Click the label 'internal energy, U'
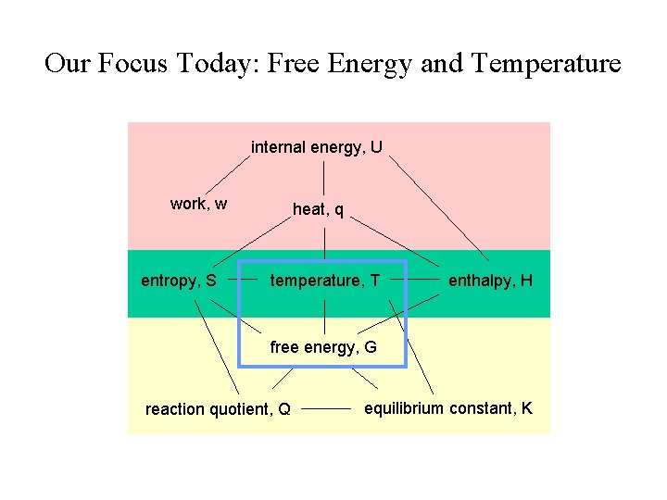(x=317, y=147)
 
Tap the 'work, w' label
(x=199, y=204)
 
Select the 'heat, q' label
(x=318, y=210)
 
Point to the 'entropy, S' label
(x=179, y=280)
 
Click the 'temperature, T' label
(x=324, y=280)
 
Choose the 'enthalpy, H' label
(x=490, y=280)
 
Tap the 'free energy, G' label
(x=323, y=347)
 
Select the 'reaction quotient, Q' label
(x=218, y=409)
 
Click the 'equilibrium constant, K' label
(x=448, y=408)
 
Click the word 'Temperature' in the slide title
(x=546, y=64)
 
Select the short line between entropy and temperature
(x=243, y=276)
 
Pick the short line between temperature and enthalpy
(x=423, y=277)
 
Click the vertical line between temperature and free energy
(x=324, y=317)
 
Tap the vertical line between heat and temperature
(x=324, y=243)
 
